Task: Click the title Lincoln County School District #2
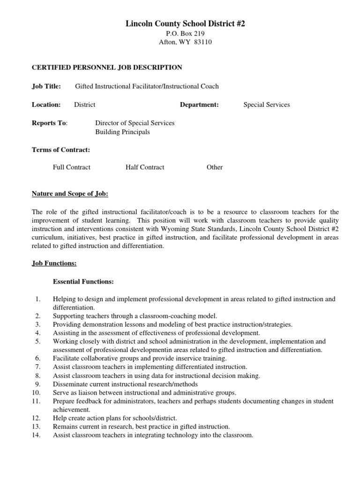tap(180, 23)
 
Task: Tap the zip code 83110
tap(195, 42)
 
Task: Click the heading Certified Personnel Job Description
tap(106, 67)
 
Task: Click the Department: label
tap(199, 105)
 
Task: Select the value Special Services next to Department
tap(266, 105)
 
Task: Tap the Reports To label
tap(49, 123)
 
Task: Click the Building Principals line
tap(122, 132)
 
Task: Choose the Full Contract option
tap(72, 167)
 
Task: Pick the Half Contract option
tap(145, 167)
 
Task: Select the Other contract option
tap(215, 167)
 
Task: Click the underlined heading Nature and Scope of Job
tap(69, 194)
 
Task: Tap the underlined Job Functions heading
tap(54, 264)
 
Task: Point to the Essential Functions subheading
tap(82, 282)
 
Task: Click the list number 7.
tap(38, 367)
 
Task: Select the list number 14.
tap(37, 435)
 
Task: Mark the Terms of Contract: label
tap(60, 150)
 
